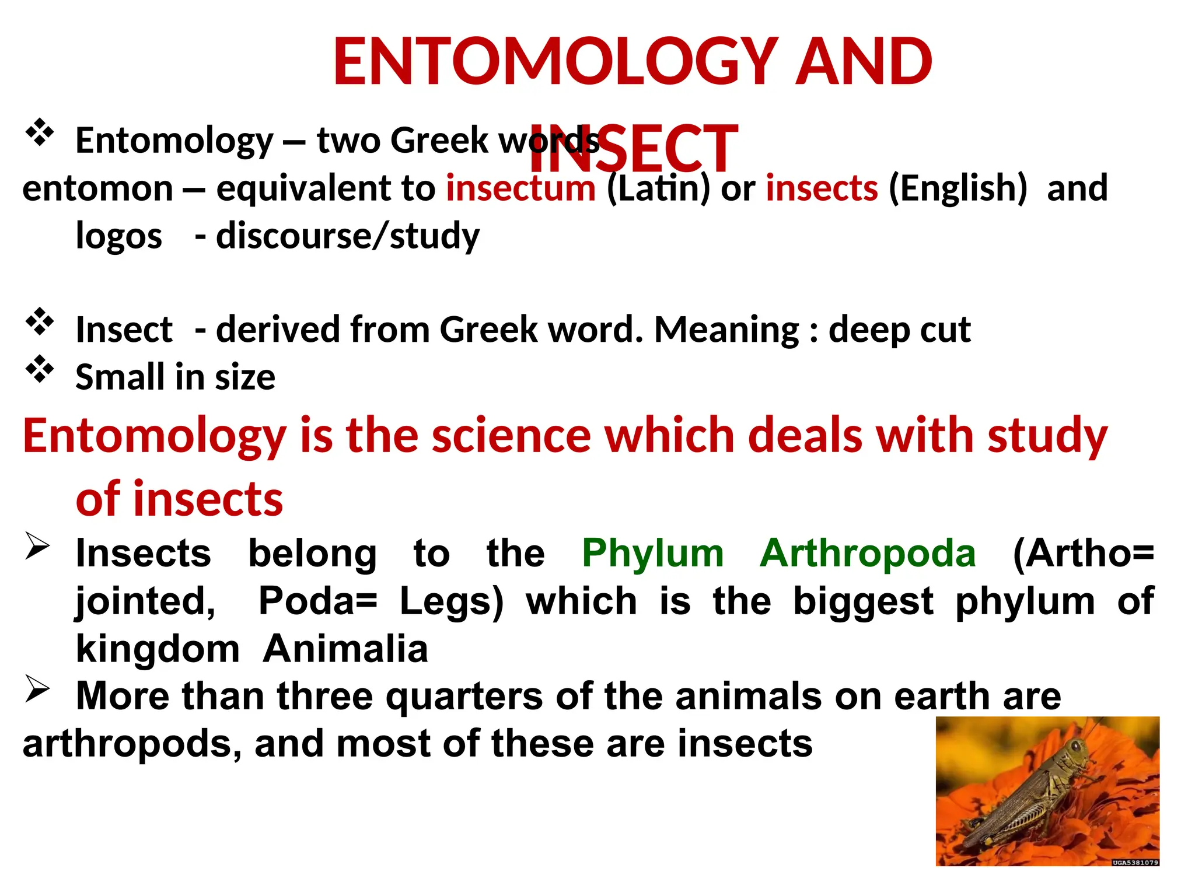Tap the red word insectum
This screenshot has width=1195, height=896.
(520, 188)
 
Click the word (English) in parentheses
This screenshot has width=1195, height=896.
(957, 188)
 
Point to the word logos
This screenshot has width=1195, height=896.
(119, 237)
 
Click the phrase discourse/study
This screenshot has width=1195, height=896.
(348, 236)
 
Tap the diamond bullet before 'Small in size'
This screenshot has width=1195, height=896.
(40, 370)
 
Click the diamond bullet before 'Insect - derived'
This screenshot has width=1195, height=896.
(40, 322)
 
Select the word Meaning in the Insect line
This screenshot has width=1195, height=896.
(726, 330)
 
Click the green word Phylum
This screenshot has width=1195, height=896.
(652, 553)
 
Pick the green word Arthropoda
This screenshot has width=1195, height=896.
(868, 553)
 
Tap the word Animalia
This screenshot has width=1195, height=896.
(345, 649)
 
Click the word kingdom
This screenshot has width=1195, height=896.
(158, 649)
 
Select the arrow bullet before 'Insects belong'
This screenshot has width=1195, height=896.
(37, 547)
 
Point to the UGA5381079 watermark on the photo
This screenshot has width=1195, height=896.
(1135, 862)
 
